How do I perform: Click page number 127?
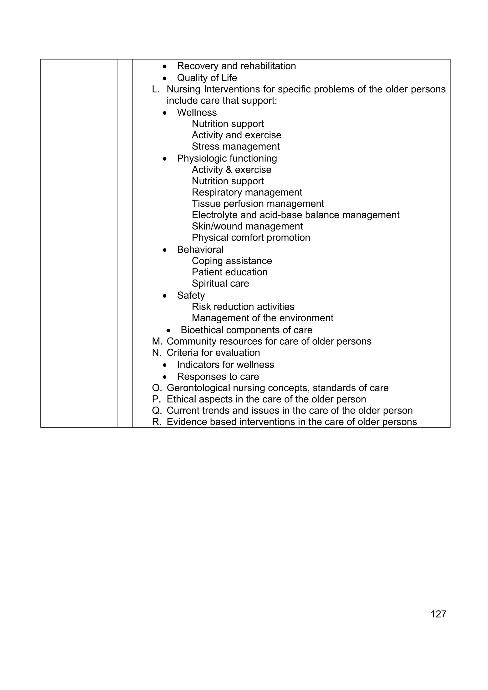coord(438,614)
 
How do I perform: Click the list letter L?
coord(155,89)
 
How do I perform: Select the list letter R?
coord(156,422)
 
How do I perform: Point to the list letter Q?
coord(157,411)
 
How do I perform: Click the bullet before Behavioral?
coord(164,250)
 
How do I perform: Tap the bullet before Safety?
coord(164,296)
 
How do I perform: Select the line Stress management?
coord(236,146)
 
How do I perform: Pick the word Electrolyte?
coord(215,215)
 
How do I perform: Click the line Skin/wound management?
coord(247,226)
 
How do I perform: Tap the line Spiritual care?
coord(220,283)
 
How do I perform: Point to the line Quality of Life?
coord(207,78)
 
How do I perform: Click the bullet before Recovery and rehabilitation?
coord(164,66)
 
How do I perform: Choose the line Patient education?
coord(229,272)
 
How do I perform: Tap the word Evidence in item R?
coord(186,422)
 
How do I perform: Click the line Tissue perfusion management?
coord(258,204)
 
